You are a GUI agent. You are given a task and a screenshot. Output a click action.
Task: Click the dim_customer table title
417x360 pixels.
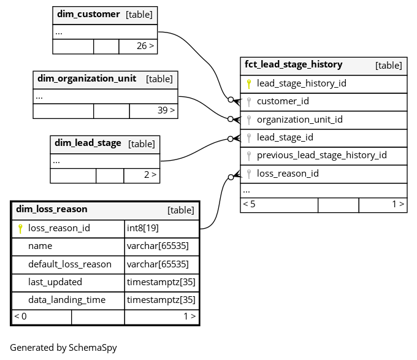click(x=88, y=14)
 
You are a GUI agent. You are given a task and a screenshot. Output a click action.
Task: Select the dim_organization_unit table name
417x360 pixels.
click(x=86, y=79)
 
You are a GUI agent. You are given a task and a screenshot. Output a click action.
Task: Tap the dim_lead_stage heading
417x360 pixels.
click(x=88, y=143)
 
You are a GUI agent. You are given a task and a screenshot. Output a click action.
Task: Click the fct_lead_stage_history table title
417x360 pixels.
click(x=293, y=64)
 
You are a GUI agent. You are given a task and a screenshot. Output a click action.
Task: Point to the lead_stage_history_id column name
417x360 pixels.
click(x=301, y=83)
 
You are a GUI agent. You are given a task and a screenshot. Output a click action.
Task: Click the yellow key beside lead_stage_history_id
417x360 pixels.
click(x=249, y=84)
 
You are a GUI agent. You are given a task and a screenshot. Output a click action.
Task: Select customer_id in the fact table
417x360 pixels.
click(x=283, y=101)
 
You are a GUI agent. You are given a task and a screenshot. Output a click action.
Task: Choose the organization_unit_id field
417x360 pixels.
click(x=299, y=120)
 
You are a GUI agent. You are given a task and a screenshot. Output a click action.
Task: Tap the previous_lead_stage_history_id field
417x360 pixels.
click(x=321, y=155)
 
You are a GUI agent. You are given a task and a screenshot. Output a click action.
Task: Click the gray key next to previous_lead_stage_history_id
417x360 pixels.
click(x=249, y=156)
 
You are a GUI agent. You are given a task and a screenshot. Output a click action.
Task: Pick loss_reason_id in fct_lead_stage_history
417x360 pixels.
click(x=288, y=174)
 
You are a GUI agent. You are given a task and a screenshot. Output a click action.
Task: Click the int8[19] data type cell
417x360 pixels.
click(x=142, y=228)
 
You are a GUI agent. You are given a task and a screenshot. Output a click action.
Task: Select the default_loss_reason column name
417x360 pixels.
click(x=70, y=264)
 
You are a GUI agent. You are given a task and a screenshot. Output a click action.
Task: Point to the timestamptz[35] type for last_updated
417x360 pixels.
click(x=161, y=282)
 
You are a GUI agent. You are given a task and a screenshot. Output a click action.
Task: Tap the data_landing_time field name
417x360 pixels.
click(x=67, y=300)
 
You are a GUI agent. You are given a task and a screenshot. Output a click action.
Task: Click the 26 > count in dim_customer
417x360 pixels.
click(x=145, y=46)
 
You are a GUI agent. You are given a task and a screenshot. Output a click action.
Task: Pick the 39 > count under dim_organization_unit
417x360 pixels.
click(x=166, y=110)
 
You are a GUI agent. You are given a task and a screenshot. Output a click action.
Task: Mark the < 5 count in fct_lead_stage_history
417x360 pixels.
click(x=249, y=204)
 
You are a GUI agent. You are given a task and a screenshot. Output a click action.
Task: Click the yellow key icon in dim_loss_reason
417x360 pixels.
click(x=20, y=229)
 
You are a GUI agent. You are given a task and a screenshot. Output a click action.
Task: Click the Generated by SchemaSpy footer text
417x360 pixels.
click(x=63, y=348)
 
